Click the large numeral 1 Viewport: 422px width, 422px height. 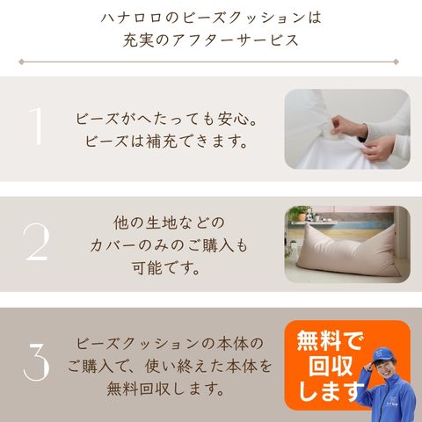(37, 126)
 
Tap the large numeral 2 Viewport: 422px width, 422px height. (37, 242)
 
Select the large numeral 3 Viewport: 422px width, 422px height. (37, 361)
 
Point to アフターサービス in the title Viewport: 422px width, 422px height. (236, 40)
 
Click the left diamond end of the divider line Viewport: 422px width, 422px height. (21, 62)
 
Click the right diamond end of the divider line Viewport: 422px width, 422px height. (396, 62)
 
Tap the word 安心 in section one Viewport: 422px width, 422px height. (233, 119)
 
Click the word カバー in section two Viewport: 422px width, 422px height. (113, 245)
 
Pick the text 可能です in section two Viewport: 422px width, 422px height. (165, 267)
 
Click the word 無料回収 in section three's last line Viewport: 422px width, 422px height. (138, 389)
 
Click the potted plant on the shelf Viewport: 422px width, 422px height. (300, 214)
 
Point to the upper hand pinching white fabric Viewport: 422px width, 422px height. (349, 127)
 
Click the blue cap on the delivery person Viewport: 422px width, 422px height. (383, 355)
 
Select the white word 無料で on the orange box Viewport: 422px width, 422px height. (330, 340)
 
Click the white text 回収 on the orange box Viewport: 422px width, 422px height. (331, 366)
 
